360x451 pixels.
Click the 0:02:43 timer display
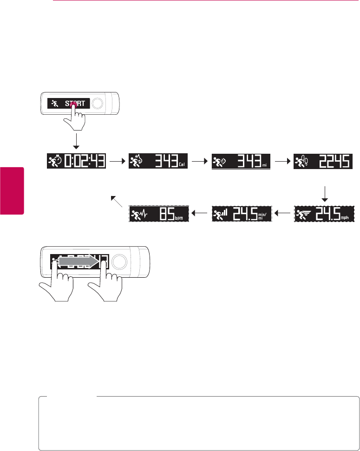point(77,162)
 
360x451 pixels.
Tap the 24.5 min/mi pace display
point(242,214)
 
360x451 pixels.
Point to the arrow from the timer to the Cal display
point(117,162)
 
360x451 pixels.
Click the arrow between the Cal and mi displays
point(199,162)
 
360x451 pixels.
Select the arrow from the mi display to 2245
point(282,162)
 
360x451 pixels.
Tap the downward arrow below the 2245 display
point(325,193)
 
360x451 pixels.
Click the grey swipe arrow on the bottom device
point(79,262)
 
